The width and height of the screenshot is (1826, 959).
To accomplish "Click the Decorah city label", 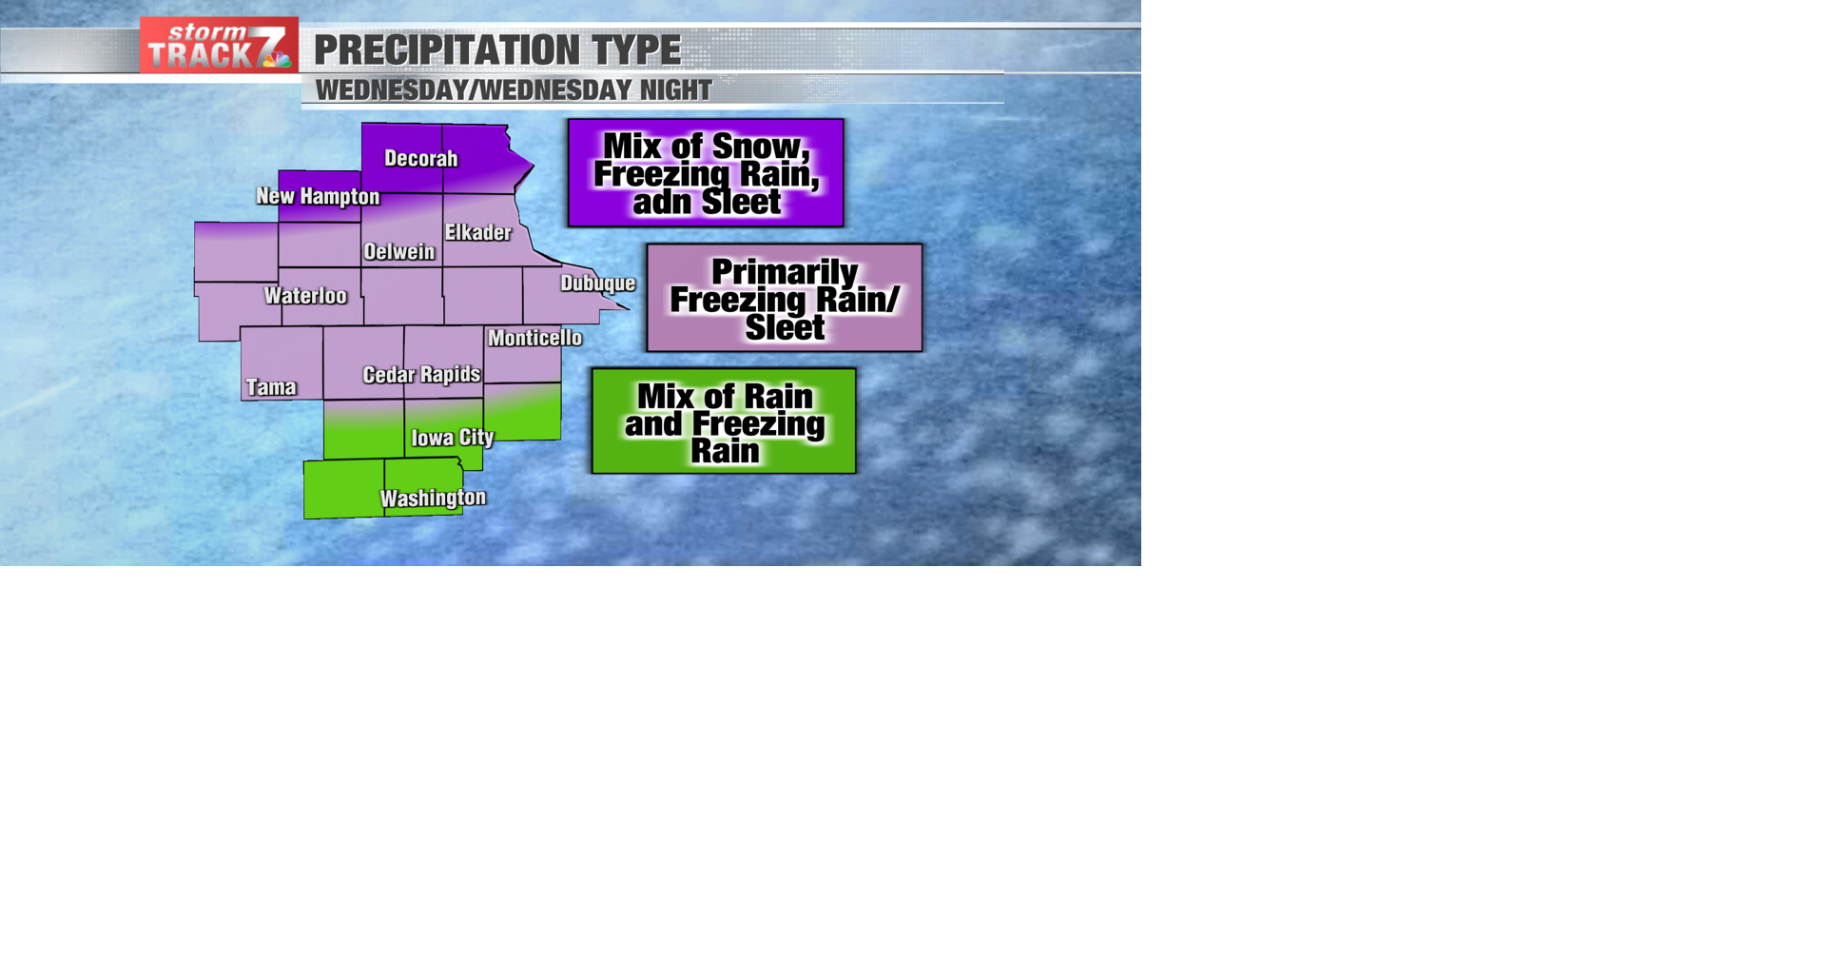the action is pos(420,159).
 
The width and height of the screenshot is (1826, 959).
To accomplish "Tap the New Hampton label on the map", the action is pos(318,197).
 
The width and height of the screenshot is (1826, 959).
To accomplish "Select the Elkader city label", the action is pos(478,232).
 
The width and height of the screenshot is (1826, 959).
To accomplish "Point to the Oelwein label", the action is pos(399,252).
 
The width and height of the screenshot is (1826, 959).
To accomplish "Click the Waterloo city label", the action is pos(305,296).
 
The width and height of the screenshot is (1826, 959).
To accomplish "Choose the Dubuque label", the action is pos(598,284).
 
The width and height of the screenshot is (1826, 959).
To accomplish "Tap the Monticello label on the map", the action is pos(534,338).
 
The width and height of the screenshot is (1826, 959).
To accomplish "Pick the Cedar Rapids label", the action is pos(421,375).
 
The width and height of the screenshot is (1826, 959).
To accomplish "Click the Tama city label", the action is pos(271,387).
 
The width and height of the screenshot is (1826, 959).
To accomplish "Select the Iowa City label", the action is pos(453,438).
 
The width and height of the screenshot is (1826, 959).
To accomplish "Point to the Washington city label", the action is pos(433,498).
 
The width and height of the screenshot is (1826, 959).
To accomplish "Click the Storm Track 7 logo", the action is pos(219,46).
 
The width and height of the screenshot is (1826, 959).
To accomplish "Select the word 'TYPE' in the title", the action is pos(635,50).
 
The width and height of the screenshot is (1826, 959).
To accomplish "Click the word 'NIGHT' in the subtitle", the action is pos(675,90).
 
